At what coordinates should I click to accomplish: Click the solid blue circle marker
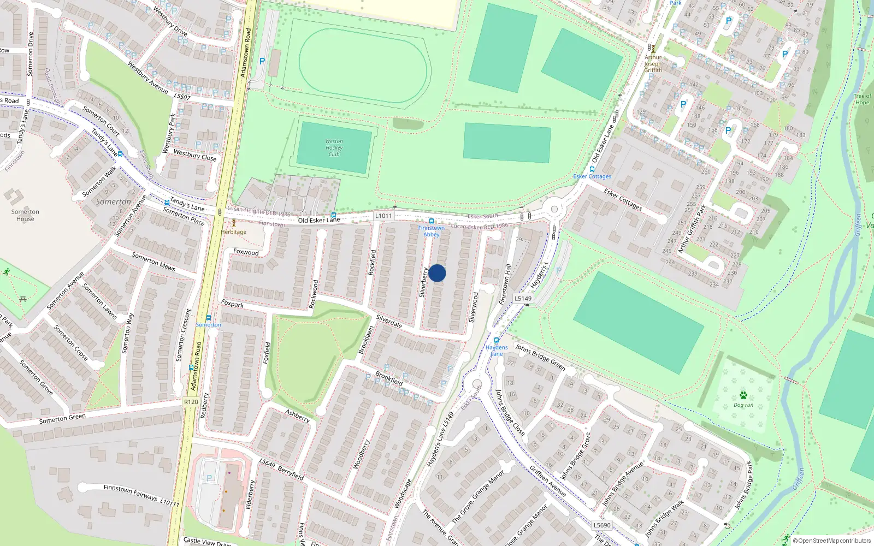coord(437,273)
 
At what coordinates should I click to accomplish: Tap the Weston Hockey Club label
coord(334,148)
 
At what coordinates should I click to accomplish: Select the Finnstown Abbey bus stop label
coord(432,231)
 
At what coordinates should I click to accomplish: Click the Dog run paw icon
coord(743,395)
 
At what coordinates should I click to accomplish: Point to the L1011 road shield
coord(383,216)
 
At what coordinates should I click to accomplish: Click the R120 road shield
coord(191,402)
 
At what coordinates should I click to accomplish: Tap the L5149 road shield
coord(523,298)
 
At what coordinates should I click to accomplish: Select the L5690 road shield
coord(602,525)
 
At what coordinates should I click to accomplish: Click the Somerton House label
coord(25,215)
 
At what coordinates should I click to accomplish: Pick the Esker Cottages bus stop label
coord(592,176)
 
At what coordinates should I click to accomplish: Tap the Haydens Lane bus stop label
coord(497,351)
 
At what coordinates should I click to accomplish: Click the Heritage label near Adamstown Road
coord(234,232)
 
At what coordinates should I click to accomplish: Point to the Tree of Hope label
coord(862,99)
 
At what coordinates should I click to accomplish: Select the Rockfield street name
coord(373,262)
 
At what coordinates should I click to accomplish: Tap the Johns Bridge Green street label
coord(540,357)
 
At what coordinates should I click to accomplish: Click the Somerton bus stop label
coord(209,325)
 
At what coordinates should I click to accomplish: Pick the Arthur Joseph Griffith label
coord(653,63)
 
